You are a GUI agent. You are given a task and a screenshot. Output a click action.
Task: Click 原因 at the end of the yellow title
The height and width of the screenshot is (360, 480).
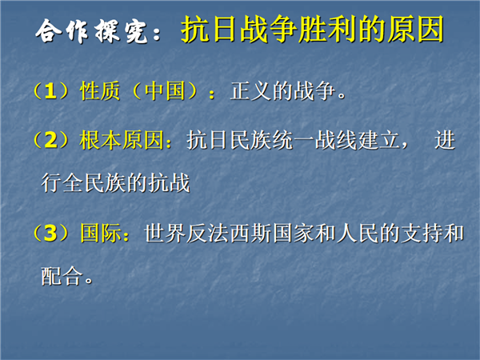click(x=415, y=30)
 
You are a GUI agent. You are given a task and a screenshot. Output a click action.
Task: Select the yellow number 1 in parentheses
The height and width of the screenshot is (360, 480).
click(x=50, y=91)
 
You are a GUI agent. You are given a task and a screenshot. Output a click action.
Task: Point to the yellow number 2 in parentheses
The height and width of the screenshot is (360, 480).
click(x=51, y=140)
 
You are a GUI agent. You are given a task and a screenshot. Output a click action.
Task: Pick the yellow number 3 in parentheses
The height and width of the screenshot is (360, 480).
click(x=50, y=233)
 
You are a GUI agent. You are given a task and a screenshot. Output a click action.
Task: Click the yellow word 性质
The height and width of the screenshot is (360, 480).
click(x=100, y=91)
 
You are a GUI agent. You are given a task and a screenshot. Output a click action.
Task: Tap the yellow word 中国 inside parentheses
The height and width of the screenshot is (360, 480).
click(x=165, y=91)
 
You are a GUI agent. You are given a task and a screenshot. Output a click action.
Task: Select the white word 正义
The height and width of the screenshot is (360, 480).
click(x=251, y=91)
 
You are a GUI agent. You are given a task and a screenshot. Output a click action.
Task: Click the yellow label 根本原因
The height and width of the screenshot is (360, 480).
click(x=122, y=140)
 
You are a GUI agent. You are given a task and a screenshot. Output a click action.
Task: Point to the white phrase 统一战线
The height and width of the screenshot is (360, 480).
click(x=315, y=140)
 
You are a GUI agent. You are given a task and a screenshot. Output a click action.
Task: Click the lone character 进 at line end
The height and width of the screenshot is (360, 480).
click(x=445, y=140)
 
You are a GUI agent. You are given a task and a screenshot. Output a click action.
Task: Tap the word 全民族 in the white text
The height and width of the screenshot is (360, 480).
click(x=94, y=183)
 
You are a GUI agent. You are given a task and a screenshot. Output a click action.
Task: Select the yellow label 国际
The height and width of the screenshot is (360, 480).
click(x=101, y=233)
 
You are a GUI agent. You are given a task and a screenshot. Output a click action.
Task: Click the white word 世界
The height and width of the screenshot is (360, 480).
click(x=165, y=233)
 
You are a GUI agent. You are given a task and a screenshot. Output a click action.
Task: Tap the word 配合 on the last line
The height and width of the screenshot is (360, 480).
click(x=62, y=276)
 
